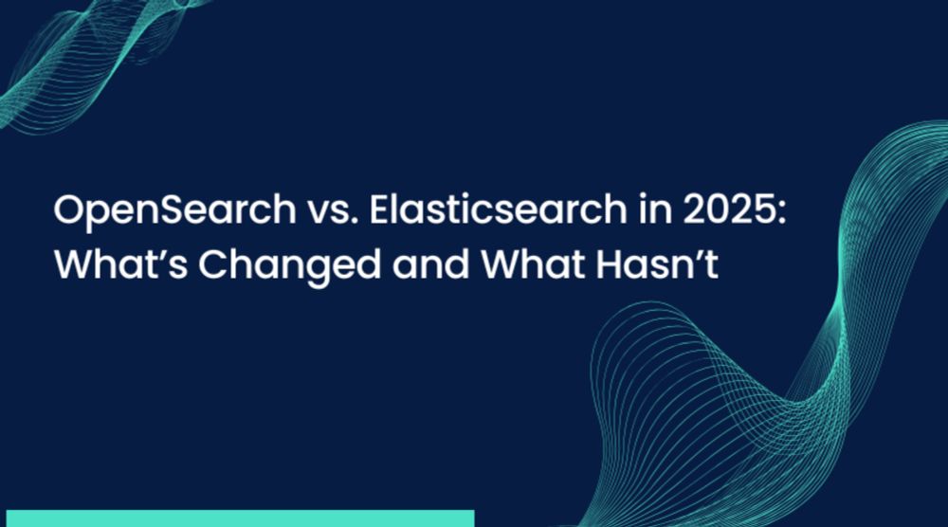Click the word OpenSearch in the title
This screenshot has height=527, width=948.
click(174, 210)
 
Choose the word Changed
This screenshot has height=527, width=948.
click(289, 266)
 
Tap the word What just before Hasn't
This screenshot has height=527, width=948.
click(533, 264)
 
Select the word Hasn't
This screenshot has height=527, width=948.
click(657, 264)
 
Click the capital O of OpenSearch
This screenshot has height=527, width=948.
click(70, 209)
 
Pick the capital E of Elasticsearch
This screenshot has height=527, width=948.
click(381, 209)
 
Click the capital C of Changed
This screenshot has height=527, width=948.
click(214, 264)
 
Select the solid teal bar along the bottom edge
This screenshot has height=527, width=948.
click(240, 518)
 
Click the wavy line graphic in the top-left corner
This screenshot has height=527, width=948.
click(91, 61)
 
